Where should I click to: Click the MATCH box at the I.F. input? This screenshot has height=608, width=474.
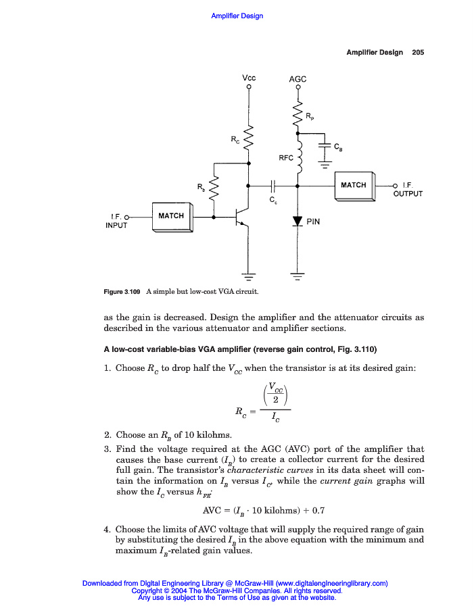[x=171, y=216]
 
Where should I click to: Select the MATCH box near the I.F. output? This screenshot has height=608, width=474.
[x=354, y=185]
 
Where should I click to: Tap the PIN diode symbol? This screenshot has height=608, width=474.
[x=298, y=221]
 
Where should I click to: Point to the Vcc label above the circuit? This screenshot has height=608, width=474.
[x=249, y=78]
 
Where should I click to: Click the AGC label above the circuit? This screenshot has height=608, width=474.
[x=298, y=79]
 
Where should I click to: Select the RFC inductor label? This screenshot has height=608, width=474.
[x=286, y=157]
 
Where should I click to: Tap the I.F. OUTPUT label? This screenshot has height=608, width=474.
[x=408, y=189]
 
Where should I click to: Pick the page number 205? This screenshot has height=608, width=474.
[x=418, y=53]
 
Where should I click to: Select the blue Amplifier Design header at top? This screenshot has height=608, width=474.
[x=237, y=16]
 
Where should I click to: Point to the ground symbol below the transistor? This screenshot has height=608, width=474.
[x=249, y=275]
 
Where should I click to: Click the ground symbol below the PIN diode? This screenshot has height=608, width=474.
[x=298, y=275]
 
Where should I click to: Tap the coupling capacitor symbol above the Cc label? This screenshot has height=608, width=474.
[x=272, y=184]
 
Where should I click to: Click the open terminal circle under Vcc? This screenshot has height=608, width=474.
[x=249, y=87]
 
